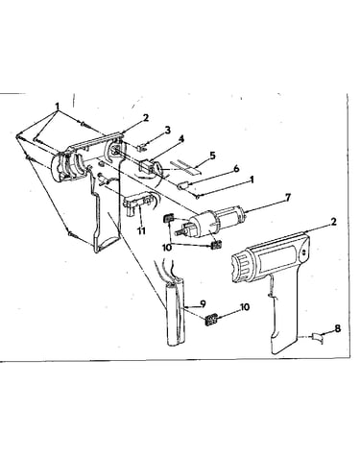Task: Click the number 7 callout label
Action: [x=288, y=198]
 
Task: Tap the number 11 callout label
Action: [x=141, y=230]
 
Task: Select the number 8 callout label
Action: [x=338, y=328]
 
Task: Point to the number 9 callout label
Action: [x=203, y=303]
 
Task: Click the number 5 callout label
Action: [x=212, y=156]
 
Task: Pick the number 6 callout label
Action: [x=236, y=169]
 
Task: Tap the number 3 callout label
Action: [x=168, y=131]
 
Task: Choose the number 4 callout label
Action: [x=181, y=139]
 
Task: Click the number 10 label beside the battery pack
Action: [x=245, y=307]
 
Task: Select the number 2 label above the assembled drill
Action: [x=333, y=222]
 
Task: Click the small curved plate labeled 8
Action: [x=317, y=338]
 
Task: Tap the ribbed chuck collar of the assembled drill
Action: [x=244, y=264]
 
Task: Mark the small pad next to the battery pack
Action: [x=211, y=320]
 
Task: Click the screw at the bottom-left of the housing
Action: [x=71, y=234]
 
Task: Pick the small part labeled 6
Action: [x=183, y=185]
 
